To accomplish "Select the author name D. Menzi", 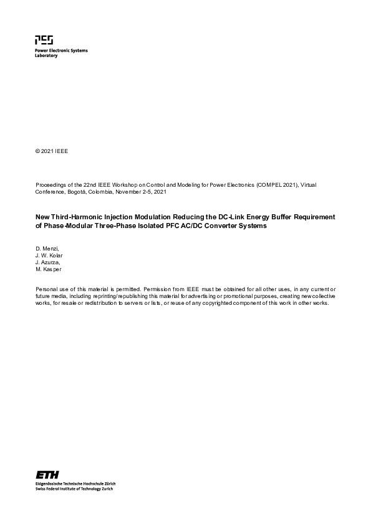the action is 47,249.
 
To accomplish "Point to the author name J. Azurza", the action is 49,262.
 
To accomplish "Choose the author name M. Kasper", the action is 49,269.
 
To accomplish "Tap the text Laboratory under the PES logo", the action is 46,56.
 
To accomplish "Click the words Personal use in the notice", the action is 51,289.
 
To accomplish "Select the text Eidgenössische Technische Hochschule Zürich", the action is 75,484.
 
